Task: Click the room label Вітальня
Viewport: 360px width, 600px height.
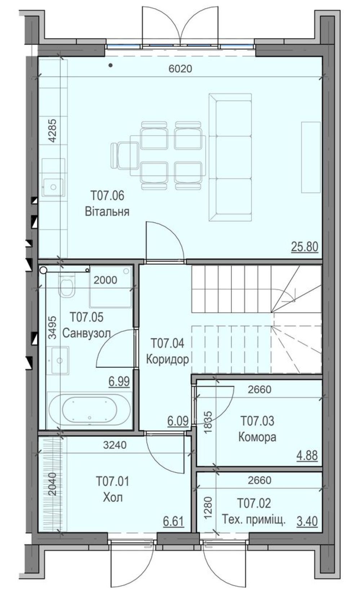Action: point(107,211)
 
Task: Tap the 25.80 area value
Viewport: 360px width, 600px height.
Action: point(305,246)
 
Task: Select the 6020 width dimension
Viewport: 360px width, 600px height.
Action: point(181,68)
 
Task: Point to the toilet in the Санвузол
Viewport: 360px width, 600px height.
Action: point(66,286)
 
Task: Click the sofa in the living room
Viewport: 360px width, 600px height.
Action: point(230,157)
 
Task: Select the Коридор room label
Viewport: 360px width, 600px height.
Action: point(168,359)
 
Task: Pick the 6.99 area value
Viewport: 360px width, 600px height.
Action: point(119,381)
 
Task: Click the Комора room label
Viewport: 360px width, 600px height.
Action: point(257,437)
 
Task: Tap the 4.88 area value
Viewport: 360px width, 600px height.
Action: point(307,455)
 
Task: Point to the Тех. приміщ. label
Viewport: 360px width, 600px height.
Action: point(254,520)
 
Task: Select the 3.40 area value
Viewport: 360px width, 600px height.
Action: point(307,521)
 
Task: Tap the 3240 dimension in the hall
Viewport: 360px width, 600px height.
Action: point(115,445)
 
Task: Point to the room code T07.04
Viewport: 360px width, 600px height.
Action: point(168,343)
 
